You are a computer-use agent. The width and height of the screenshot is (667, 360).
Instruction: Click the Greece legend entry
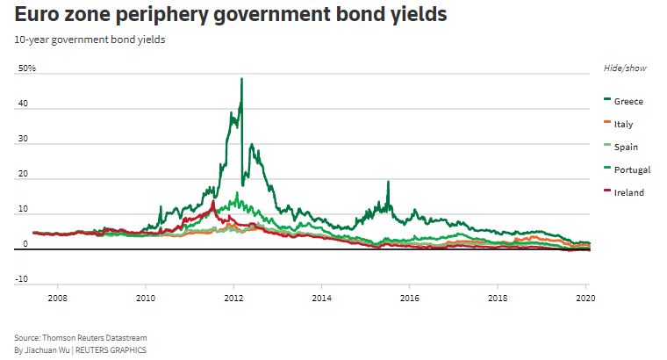point(628,102)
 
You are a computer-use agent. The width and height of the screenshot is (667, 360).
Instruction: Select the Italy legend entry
point(623,125)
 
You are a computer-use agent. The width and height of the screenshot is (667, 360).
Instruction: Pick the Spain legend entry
point(625,148)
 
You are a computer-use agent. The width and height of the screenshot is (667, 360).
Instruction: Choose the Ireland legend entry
point(628,193)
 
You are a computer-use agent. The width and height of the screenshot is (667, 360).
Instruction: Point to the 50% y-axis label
point(25,68)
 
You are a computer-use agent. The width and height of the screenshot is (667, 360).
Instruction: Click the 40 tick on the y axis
point(23,104)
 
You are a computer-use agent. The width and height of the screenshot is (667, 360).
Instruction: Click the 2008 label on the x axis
point(58,299)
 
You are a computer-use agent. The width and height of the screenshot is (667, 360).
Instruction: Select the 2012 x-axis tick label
point(233,299)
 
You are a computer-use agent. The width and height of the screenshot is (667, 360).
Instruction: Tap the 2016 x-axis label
point(409,299)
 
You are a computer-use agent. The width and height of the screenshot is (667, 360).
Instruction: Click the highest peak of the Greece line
point(241,79)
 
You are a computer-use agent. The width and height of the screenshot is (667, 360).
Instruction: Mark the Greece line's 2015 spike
point(388,182)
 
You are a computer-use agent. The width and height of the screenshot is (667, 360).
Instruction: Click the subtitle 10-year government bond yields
point(77,40)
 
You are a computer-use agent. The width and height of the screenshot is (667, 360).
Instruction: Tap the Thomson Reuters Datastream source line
point(82,338)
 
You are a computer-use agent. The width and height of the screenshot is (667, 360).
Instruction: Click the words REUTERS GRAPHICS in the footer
point(111,350)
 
